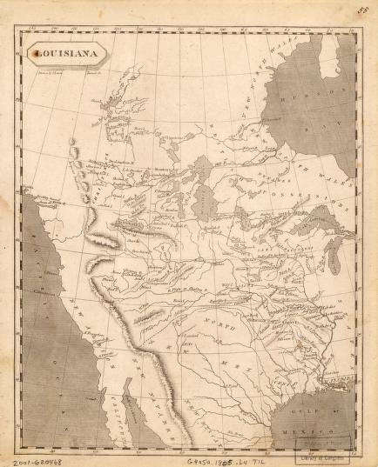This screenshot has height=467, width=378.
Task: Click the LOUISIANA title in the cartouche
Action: (x=65, y=55)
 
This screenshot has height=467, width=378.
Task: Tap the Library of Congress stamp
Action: (x=337, y=446)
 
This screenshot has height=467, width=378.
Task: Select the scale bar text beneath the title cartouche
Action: (x=65, y=73)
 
